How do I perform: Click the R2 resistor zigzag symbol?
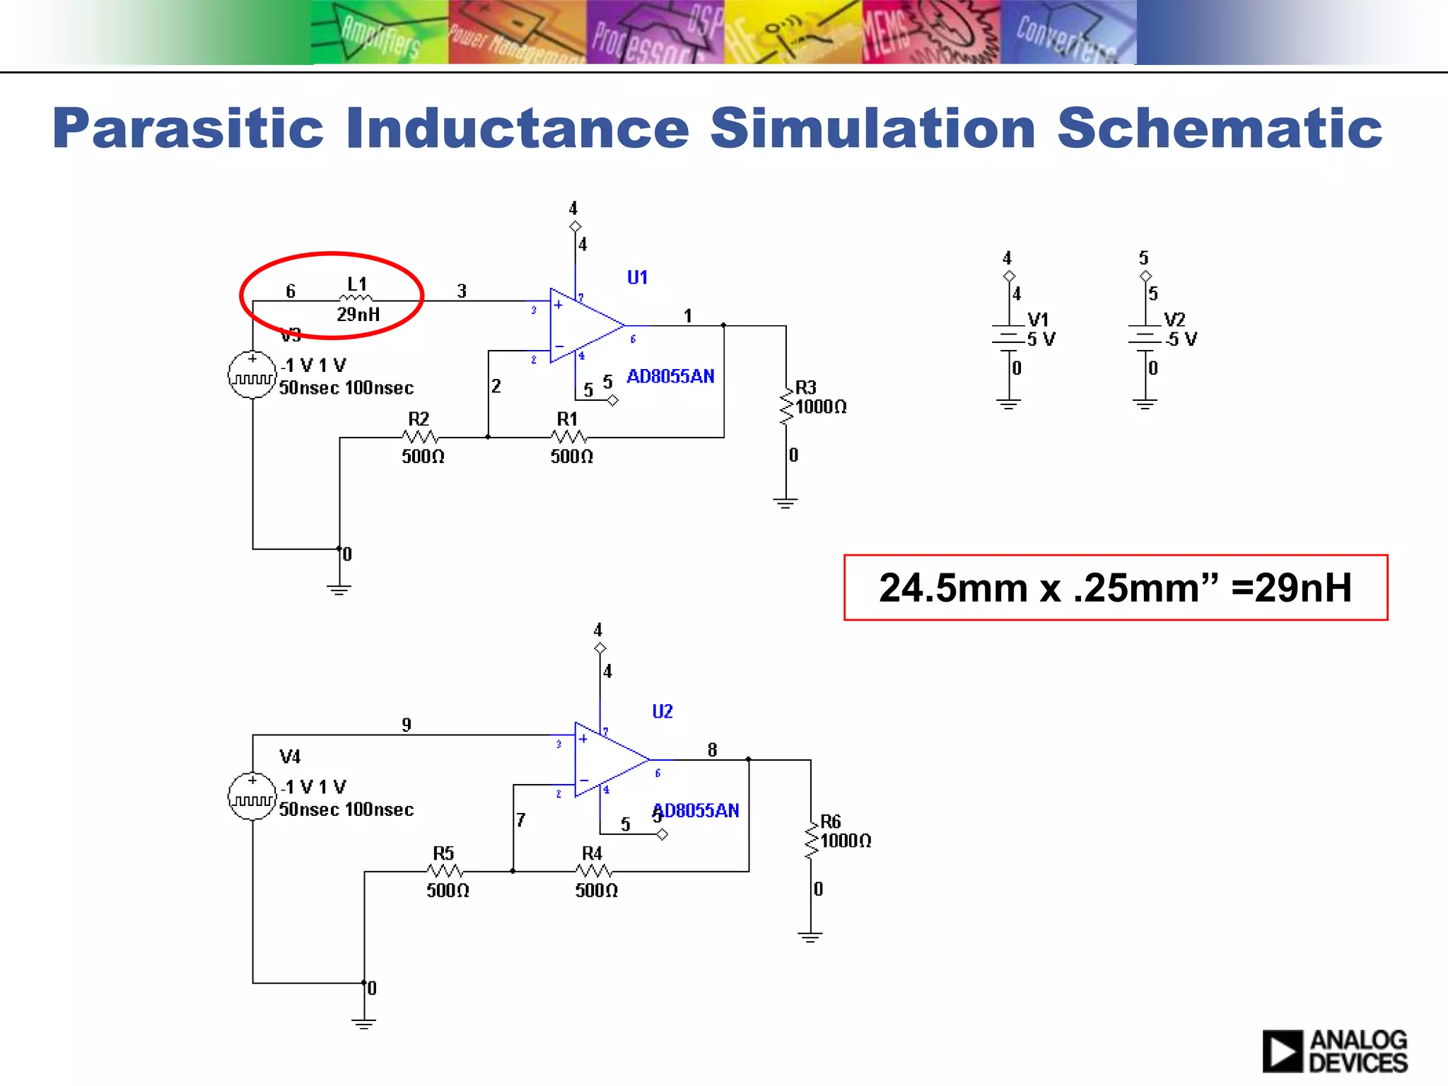pos(420,437)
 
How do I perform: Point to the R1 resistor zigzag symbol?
pos(569,437)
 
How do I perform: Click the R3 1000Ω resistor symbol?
pos(786,406)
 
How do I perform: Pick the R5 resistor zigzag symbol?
pos(445,871)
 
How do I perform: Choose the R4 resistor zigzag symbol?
pos(594,871)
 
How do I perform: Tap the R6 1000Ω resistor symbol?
pos(811,840)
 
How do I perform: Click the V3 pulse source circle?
pos(252,375)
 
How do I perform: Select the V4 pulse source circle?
pos(252,796)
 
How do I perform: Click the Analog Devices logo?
pos(1334,1051)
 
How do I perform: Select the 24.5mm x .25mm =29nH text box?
pos(1115,588)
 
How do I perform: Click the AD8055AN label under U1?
pos(670,376)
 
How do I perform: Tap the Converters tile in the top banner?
pos(1068,33)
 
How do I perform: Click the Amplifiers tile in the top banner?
pos(380,33)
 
